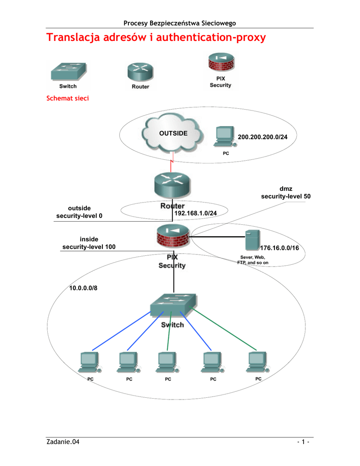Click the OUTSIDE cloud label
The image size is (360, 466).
click(173, 133)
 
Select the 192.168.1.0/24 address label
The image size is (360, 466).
click(194, 213)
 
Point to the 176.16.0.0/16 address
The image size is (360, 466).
click(279, 248)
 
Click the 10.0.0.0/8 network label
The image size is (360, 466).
click(83, 288)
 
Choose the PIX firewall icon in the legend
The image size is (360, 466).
click(220, 64)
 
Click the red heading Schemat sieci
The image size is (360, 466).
click(67, 98)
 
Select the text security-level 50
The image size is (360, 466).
click(285, 196)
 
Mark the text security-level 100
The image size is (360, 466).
click(89, 247)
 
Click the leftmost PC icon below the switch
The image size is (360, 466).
click(89, 362)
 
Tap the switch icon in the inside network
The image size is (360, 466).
click(173, 305)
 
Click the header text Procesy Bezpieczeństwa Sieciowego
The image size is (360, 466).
click(180, 23)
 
